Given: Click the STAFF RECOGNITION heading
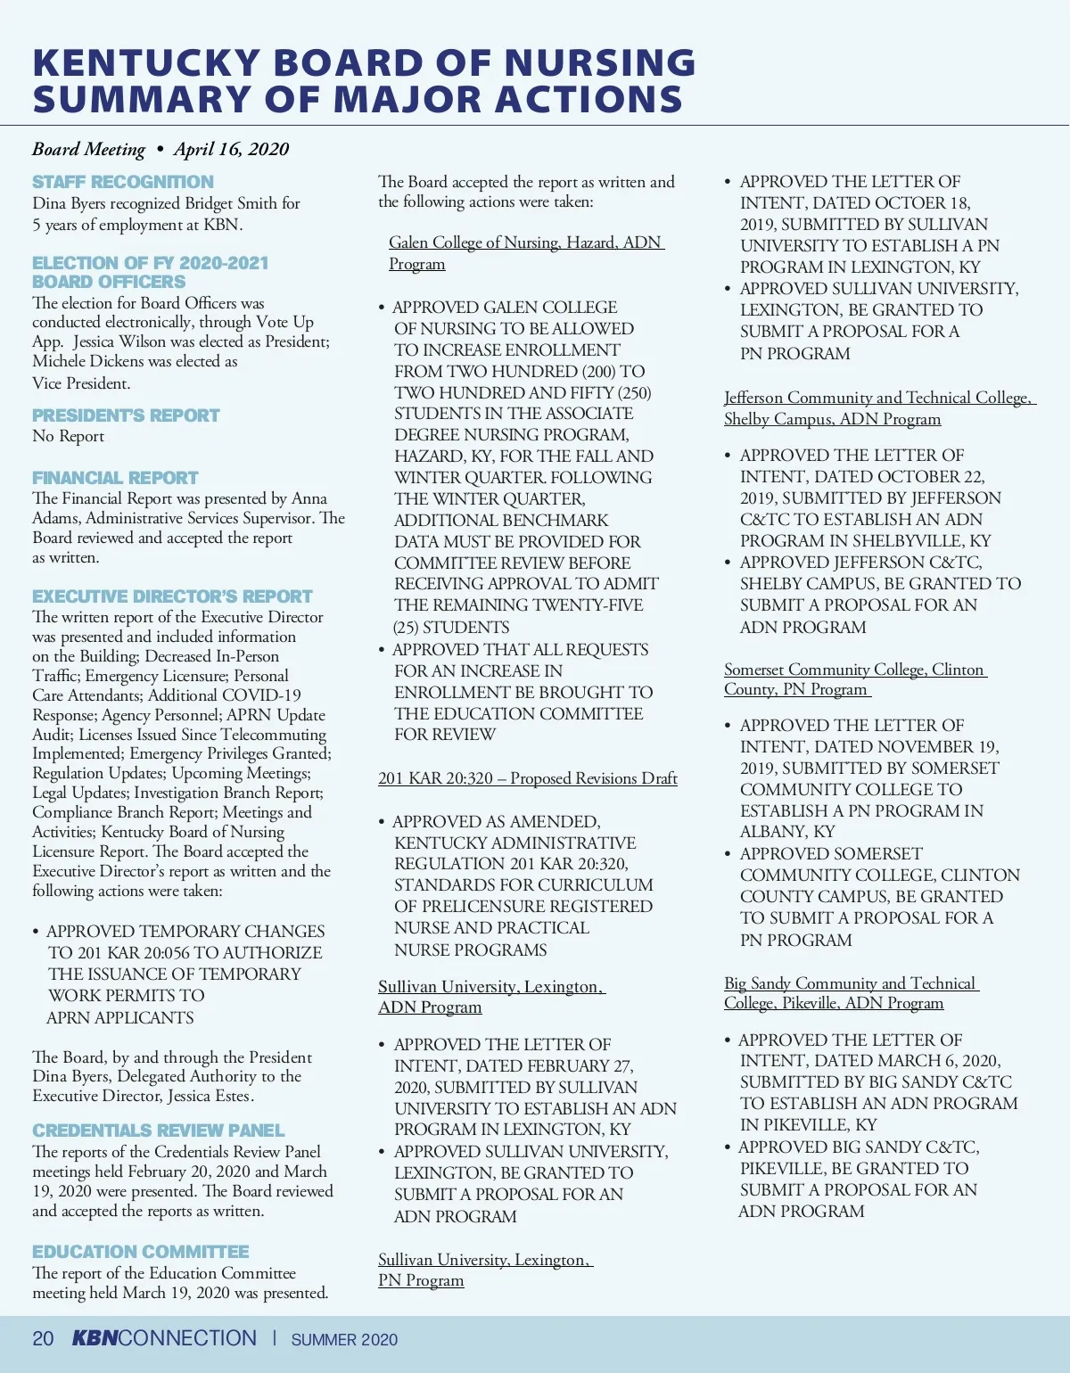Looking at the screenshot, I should point(123,182).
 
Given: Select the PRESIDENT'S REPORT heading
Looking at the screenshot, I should point(126,415).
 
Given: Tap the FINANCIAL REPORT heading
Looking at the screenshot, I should point(115,478).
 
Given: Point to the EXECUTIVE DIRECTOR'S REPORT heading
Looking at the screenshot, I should point(172,596).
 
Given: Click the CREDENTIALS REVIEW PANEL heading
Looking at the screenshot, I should point(158,1130).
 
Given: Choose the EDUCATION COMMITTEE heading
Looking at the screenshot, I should point(141,1252).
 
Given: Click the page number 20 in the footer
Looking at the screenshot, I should point(43,1339).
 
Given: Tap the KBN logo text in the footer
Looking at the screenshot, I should point(95,1338).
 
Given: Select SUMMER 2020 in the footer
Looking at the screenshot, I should point(344,1340).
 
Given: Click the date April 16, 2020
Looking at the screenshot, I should point(231,149).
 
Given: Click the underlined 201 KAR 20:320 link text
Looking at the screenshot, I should point(435,778).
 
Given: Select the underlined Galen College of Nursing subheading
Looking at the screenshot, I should point(526,243).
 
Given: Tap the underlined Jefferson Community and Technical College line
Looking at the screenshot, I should point(878,398).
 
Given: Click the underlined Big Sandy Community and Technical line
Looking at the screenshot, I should point(850,983).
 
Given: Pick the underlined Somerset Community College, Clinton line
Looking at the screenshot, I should point(854,670).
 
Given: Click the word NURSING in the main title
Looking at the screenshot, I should point(600,62).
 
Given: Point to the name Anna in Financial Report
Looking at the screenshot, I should point(309,498).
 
